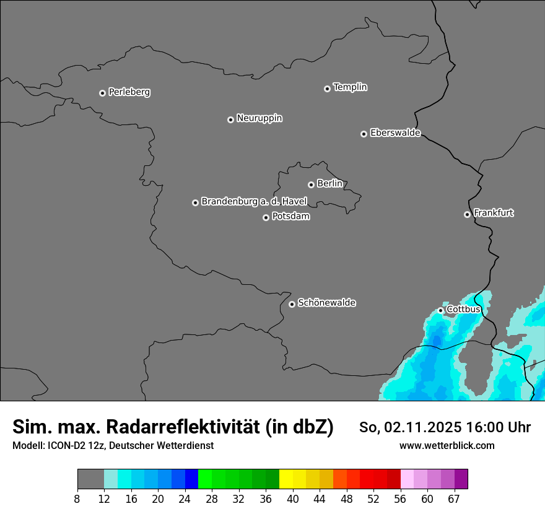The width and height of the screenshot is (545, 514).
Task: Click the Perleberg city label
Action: pos(129,92)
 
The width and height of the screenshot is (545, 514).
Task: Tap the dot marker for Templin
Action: pos(327,89)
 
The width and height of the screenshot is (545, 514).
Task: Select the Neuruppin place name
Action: pos(259,118)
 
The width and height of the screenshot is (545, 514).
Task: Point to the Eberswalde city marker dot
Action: pos(364,134)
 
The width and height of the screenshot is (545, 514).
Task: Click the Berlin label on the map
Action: pos(329,184)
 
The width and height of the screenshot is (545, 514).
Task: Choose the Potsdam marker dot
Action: pos(266,217)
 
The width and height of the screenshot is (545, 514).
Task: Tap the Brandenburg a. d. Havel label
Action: pos(254,202)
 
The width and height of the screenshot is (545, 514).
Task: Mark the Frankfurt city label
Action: pos(493,213)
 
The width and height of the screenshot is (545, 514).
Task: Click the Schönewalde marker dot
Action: pos(292,304)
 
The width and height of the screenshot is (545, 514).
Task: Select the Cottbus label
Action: pos(463,309)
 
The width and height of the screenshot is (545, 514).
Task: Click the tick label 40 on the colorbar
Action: pos(292,499)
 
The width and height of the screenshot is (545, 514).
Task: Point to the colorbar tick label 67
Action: pos(454,499)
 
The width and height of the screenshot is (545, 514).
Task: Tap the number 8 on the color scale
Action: pos(77,499)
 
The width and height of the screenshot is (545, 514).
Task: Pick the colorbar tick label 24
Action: pos(185,499)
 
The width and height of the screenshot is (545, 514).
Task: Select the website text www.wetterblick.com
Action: pos(447,445)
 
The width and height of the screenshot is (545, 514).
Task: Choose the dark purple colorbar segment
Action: pos(461,479)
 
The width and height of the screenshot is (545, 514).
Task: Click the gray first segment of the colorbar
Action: pos(90,479)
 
